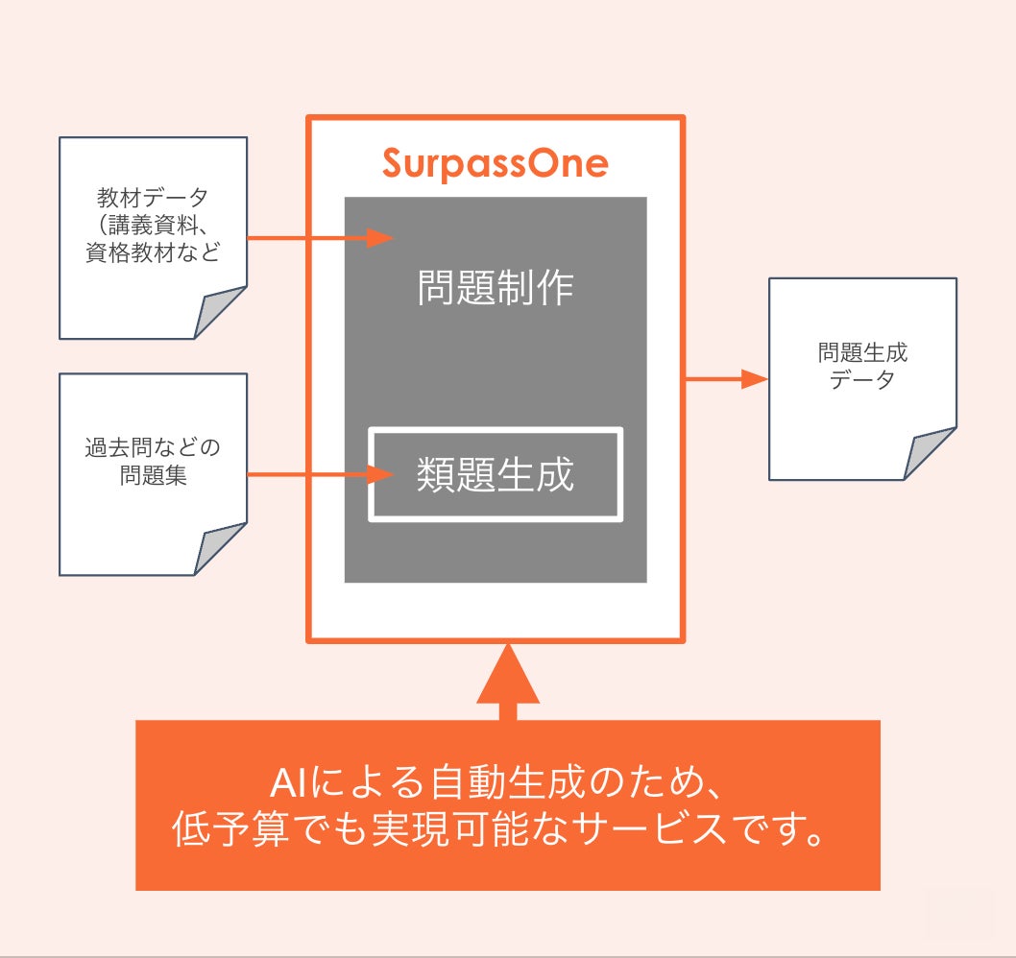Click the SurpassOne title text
495,163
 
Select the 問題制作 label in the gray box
496,287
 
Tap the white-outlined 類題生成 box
496,474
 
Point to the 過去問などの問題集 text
153,462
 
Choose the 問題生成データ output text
862,366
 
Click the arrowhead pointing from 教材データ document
381,237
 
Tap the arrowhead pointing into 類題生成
382,473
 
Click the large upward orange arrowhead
508,675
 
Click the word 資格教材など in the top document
153,254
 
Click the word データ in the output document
862,380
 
